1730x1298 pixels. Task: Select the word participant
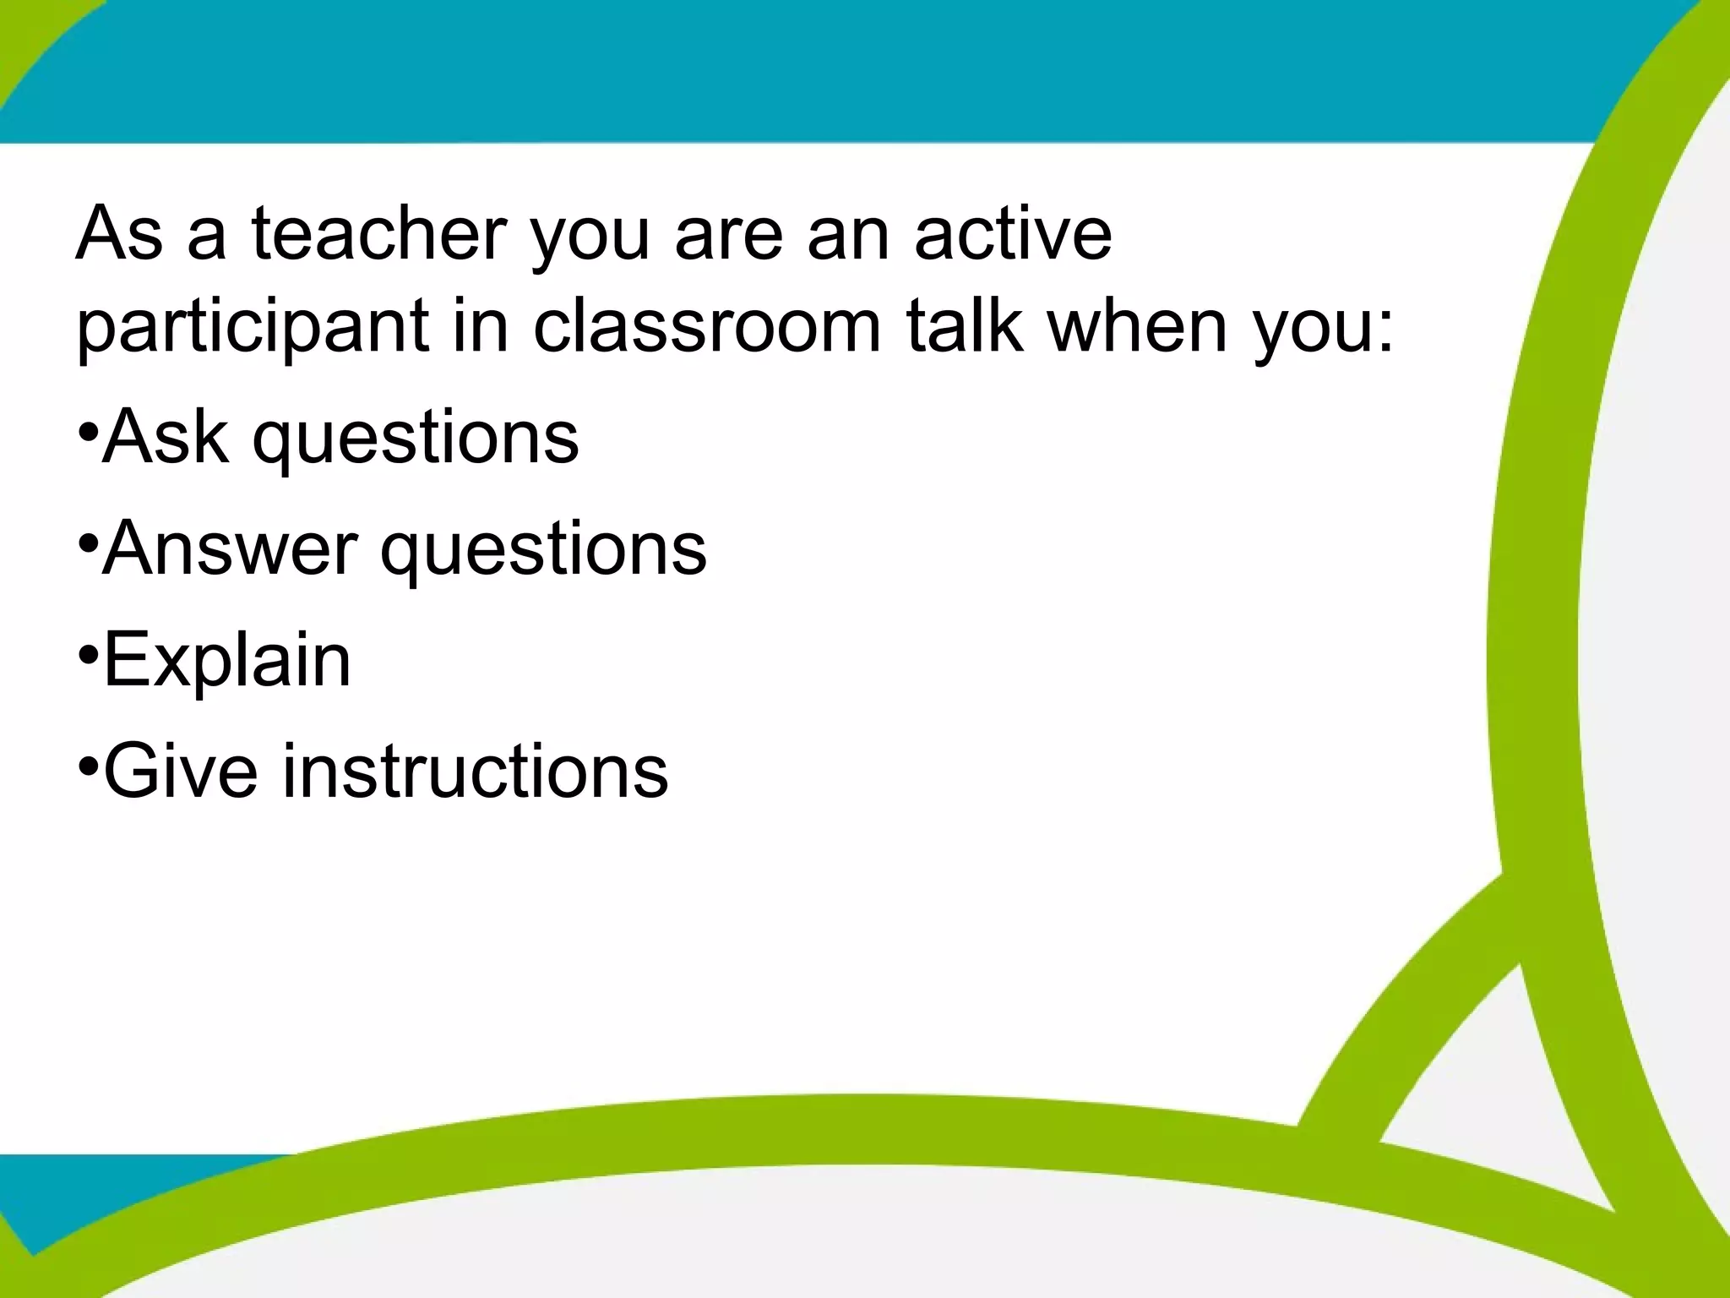click(x=253, y=328)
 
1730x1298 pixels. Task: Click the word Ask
click(x=165, y=437)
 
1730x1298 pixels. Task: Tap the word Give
click(x=180, y=771)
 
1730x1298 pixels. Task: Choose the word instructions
click(x=475, y=771)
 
